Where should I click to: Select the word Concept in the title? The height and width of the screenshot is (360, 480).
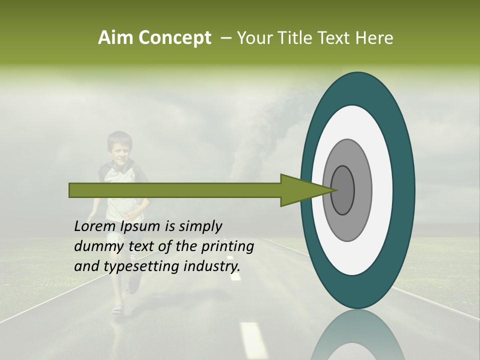(x=174, y=38)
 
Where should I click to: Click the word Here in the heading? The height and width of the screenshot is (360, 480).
(x=374, y=38)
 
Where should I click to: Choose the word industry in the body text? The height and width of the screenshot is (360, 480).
(x=210, y=266)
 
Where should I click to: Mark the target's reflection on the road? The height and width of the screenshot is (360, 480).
(x=357, y=335)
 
